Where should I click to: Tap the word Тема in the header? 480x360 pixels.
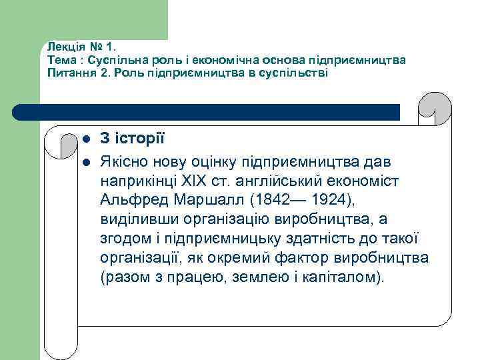tap(60, 60)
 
